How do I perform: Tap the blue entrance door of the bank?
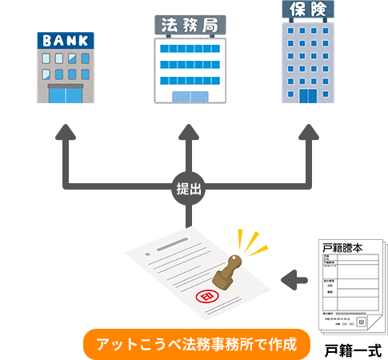66,94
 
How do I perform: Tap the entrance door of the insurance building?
308,95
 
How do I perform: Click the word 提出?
189,190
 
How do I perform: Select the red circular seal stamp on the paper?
206,297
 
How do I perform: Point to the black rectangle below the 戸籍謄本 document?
352,350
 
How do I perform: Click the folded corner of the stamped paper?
190,229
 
